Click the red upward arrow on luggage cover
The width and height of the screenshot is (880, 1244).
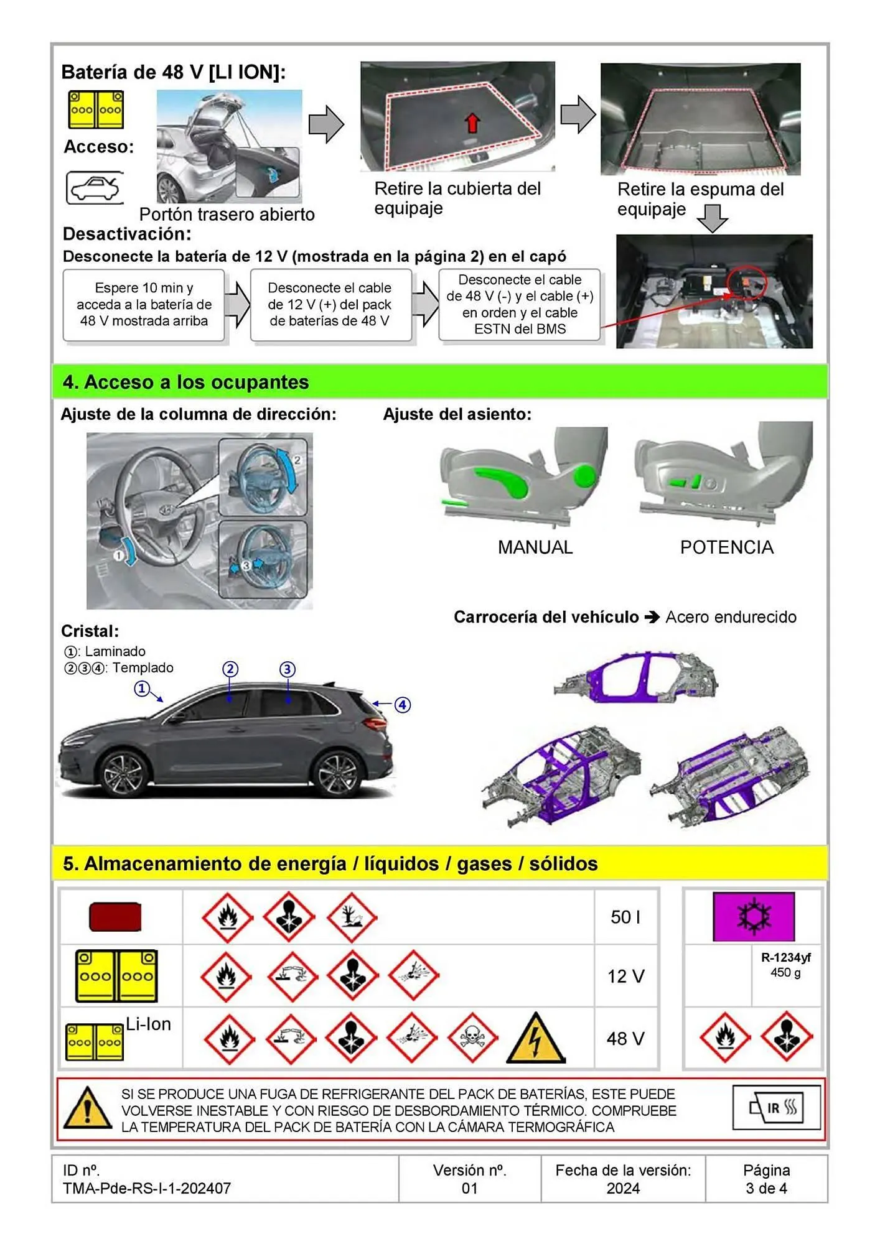[x=472, y=123]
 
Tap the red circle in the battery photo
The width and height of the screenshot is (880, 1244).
[x=746, y=283]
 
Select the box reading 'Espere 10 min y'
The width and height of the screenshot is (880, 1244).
[x=144, y=305]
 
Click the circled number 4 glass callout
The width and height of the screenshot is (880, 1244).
[x=403, y=705]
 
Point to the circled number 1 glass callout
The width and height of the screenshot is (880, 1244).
[x=142, y=689]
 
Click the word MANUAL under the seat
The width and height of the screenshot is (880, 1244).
[x=535, y=547]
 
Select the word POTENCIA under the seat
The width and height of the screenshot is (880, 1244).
[x=726, y=547]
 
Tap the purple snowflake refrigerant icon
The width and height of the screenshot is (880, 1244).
[x=753, y=916]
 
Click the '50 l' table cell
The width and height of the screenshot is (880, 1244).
[x=625, y=917]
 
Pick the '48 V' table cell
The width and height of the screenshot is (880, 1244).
[x=625, y=1039]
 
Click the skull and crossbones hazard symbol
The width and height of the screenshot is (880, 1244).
[x=472, y=1037]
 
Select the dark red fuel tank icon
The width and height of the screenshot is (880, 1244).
[x=116, y=917]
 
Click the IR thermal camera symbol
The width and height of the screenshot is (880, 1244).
[x=777, y=1108]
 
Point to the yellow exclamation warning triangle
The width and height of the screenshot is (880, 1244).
[x=88, y=1109]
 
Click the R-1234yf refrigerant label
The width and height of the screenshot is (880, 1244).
[x=785, y=958]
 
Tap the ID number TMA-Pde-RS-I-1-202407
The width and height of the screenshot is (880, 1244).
[x=147, y=1188]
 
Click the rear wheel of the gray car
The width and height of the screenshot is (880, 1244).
[x=337, y=773]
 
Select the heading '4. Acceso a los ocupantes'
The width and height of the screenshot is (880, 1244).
[x=185, y=382]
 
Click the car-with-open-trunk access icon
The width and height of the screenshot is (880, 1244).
[x=95, y=187]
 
